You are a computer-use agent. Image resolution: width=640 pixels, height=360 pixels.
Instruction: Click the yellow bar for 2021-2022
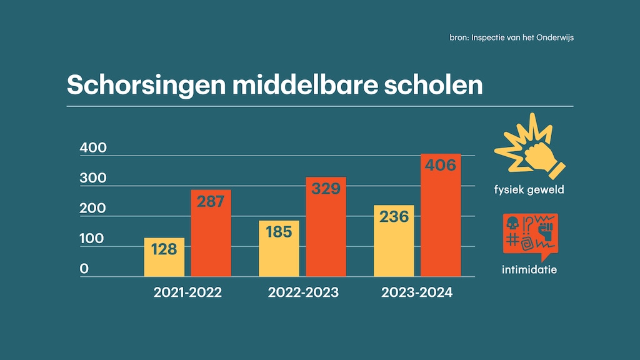164,257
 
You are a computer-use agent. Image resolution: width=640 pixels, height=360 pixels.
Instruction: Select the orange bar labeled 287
211,232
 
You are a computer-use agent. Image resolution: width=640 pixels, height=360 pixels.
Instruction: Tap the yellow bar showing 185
279,249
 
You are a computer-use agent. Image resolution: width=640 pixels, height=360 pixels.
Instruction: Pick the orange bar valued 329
326,226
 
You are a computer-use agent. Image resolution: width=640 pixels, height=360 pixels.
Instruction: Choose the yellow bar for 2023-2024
394,241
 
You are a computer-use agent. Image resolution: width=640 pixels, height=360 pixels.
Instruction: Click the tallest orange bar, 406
441,214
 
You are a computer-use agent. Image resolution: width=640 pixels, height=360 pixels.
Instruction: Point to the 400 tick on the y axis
94,149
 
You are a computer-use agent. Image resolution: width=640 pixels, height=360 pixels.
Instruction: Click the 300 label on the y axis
94,179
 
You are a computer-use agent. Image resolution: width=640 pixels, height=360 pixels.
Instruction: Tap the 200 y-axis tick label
94,209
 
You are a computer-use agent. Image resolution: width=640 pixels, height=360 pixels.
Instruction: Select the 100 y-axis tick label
94,239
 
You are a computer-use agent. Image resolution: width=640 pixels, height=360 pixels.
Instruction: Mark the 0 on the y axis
84,269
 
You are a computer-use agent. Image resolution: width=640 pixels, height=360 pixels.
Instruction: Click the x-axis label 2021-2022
187,292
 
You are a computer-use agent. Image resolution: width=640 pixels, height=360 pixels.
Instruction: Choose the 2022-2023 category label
303,292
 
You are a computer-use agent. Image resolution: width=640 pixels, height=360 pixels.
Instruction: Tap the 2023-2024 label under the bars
417,292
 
